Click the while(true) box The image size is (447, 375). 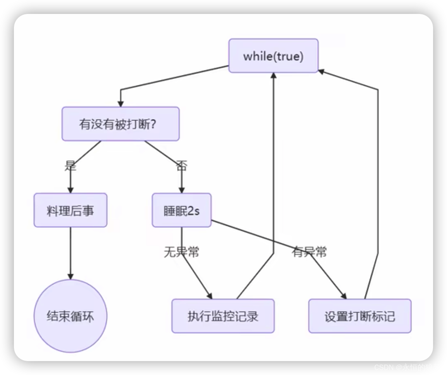coord(273,56)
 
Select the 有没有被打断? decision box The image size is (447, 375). coord(121,124)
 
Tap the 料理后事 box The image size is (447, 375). coord(70,210)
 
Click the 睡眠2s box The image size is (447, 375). coord(182,210)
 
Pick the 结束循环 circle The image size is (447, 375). coord(70,316)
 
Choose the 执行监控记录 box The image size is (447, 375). coord(223,316)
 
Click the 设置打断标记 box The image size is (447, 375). coord(360,316)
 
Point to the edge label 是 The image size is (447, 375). coord(70,166)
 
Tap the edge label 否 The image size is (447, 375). coord(181,166)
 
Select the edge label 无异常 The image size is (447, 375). coord(182,252)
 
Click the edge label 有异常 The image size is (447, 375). coord(309,252)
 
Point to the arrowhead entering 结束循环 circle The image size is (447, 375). coord(70,276)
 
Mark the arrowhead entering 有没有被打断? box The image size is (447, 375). coord(121,104)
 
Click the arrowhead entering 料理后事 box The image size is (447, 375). coord(70,190)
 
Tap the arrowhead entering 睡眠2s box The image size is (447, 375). coord(182,190)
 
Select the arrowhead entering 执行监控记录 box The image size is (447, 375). coord(210,296)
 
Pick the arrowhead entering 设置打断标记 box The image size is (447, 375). coord(344,296)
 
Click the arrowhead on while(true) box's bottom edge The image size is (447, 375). coord(274,76)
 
